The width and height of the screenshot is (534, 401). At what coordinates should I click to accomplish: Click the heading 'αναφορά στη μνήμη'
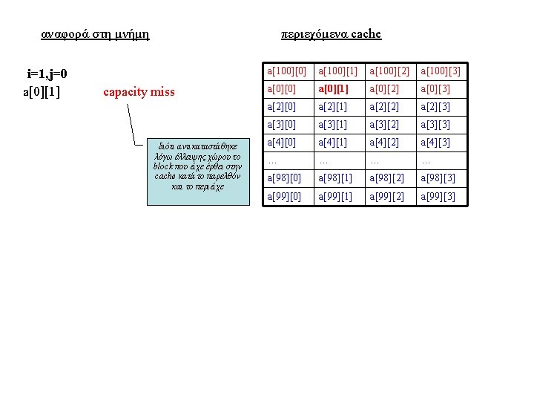click(x=95, y=33)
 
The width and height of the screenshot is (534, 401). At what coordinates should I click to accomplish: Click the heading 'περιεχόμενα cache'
click(x=331, y=33)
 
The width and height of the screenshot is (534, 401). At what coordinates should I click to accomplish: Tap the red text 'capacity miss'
click(x=139, y=92)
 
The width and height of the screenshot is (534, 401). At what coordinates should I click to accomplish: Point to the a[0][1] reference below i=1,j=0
click(x=42, y=91)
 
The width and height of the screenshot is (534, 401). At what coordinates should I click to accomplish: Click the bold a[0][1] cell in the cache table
click(x=333, y=89)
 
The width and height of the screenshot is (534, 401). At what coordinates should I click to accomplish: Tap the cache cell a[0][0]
click(x=281, y=89)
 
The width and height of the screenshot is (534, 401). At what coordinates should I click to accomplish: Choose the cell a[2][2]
click(x=384, y=107)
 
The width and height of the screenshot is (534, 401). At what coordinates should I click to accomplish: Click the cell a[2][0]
click(x=281, y=107)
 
